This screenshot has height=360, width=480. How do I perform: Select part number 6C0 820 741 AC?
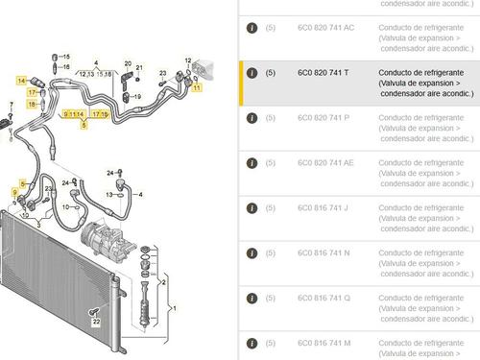click(324, 28)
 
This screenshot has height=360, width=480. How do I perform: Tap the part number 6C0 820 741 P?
click(322, 118)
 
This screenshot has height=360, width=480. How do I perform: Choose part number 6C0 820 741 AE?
click(324, 163)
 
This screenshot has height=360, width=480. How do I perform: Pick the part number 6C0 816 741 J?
click(322, 208)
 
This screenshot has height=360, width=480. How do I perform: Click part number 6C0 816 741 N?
click(322, 253)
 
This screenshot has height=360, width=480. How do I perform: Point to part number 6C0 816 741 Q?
click(322, 299)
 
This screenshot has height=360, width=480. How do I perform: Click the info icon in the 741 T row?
click(251, 73)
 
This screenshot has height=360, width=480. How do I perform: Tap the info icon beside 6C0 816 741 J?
click(251, 208)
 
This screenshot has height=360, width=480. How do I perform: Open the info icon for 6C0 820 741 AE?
click(251, 163)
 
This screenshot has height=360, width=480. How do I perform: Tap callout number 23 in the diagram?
click(162, 73)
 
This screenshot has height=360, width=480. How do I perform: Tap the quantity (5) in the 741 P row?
click(271, 118)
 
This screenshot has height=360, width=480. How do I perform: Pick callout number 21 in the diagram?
click(138, 67)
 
